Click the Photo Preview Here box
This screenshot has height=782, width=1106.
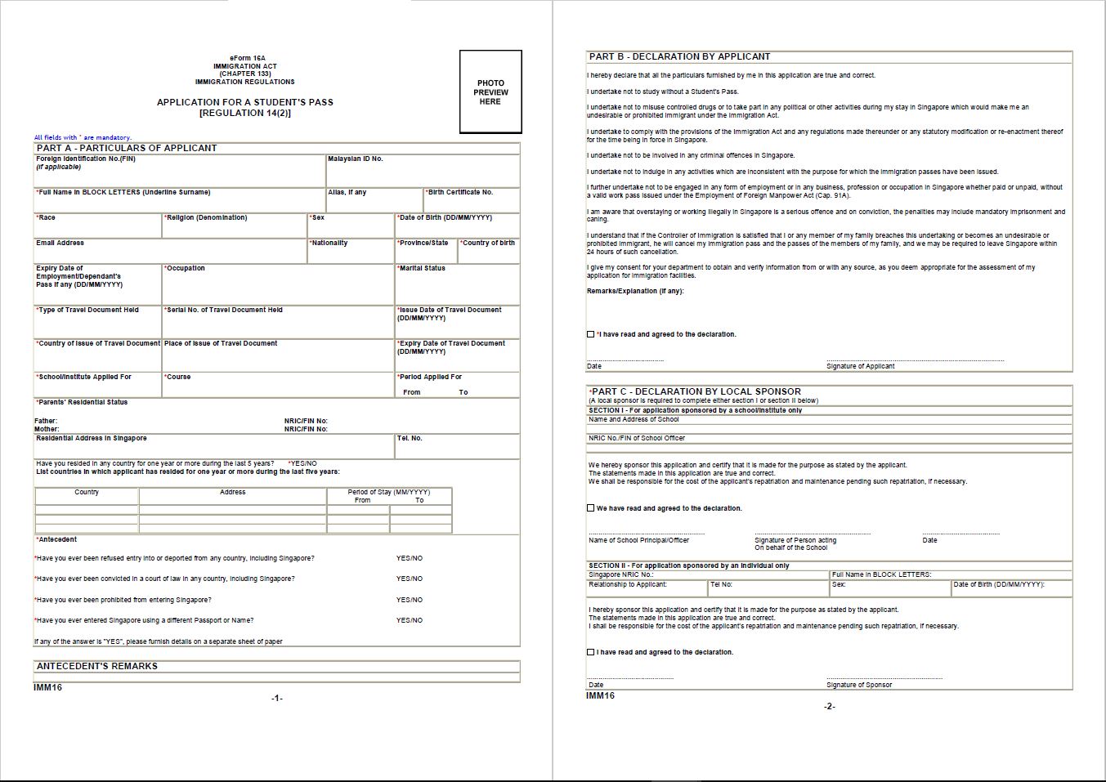[490, 92]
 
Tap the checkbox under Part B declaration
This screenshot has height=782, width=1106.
[591, 334]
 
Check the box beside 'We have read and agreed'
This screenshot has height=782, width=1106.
[591, 508]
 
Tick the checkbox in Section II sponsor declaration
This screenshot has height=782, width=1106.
[591, 652]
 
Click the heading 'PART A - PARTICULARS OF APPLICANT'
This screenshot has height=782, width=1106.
[127, 148]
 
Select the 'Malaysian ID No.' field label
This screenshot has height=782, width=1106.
[356, 159]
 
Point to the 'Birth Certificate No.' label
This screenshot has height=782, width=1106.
[460, 192]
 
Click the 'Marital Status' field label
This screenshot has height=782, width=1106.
[422, 268]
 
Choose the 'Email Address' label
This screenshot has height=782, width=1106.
[60, 243]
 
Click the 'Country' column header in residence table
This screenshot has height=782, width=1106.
[87, 492]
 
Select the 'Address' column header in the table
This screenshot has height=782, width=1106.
[233, 492]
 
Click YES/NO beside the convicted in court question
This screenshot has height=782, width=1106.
[410, 579]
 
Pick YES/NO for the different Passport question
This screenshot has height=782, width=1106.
[410, 620]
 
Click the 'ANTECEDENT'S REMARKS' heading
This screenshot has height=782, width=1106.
[97, 666]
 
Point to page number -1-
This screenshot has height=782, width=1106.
[277, 698]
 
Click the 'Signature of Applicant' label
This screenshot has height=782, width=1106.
[860, 366]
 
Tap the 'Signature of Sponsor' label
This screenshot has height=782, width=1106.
[859, 685]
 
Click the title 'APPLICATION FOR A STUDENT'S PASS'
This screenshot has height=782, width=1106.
[245, 102]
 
